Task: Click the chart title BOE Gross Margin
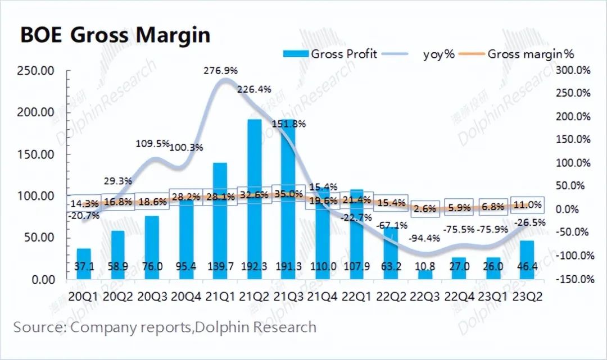point(115,35)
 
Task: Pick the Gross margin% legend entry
point(517,54)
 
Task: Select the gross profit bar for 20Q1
point(84,263)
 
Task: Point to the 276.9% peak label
point(223,71)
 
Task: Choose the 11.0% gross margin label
point(527,205)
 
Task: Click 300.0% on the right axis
point(573,70)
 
